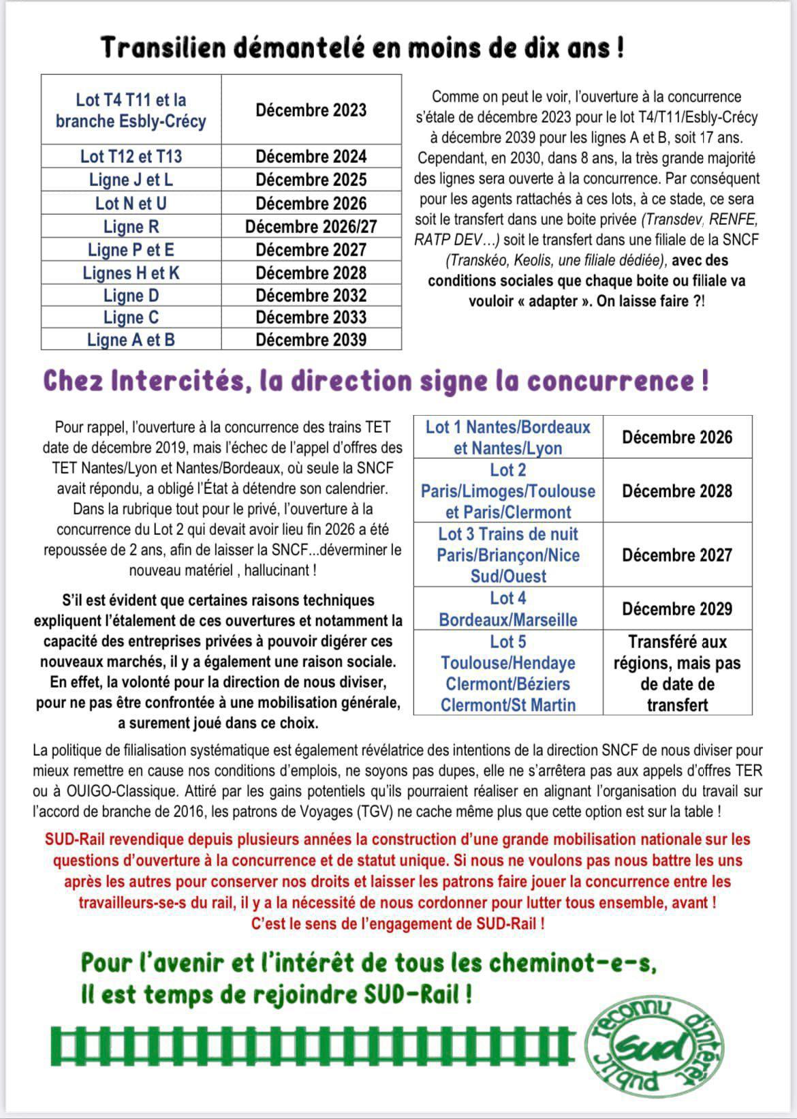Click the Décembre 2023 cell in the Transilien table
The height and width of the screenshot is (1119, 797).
pyautogui.click(x=311, y=110)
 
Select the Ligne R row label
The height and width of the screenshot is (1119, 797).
pyautogui.click(x=131, y=226)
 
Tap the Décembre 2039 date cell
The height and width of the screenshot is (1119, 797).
pyautogui.click(x=311, y=339)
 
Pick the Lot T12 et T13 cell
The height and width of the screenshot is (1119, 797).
pyautogui.click(x=131, y=156)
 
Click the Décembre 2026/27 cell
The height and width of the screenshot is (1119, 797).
pyautogui.click(x=311, y=226)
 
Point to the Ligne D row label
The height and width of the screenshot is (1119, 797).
pyautogui.click(x=131, y=296)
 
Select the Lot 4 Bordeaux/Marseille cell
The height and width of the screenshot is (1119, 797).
pyautogui.click(x=507, y=609)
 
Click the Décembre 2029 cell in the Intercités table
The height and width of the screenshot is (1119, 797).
pyautogui.click(x=676, y=609)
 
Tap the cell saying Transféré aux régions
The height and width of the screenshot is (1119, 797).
pyautogui.click(x=676, y=673)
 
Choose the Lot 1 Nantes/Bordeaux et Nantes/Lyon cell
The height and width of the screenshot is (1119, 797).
pyautogui.click(x=507, y=438)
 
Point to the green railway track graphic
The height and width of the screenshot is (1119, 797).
pyautogui.click(x=313, y=1046)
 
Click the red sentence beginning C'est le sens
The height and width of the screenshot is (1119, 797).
pyautogui.click(x=398, y=924)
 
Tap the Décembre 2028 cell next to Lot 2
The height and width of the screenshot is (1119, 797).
pyautogui.click(x=676, y=491)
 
